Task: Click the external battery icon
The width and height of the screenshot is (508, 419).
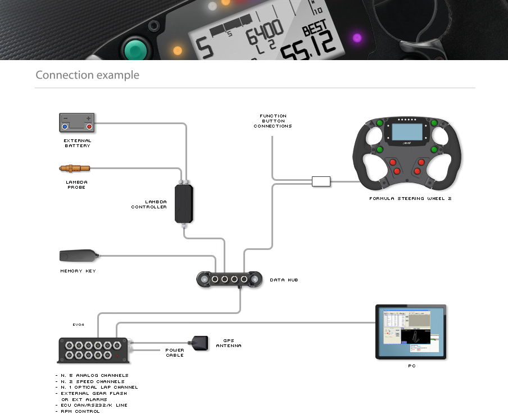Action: click(77, 122)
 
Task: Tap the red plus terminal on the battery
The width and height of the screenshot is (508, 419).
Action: click(89, 126)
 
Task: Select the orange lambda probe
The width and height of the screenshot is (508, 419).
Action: click(74, 168)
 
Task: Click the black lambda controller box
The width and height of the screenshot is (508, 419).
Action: click(184, 204)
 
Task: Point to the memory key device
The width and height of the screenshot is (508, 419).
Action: click(79, 256)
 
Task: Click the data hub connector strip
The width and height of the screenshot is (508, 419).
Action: click(229, 279)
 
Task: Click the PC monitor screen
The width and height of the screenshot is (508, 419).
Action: click(411, 332)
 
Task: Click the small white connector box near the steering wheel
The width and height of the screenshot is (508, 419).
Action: click(321, 181)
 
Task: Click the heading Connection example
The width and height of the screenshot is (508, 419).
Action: click(87, 75)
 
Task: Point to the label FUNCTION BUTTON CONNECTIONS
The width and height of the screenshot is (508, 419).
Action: click(273, 121)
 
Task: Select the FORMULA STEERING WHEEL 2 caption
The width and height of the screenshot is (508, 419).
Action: click(410, 199)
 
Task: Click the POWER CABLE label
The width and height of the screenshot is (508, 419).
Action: click(174, 353)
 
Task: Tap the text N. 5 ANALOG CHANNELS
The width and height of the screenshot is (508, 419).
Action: click(94, 375)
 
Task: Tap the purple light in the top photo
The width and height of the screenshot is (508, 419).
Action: click(357, 38)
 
